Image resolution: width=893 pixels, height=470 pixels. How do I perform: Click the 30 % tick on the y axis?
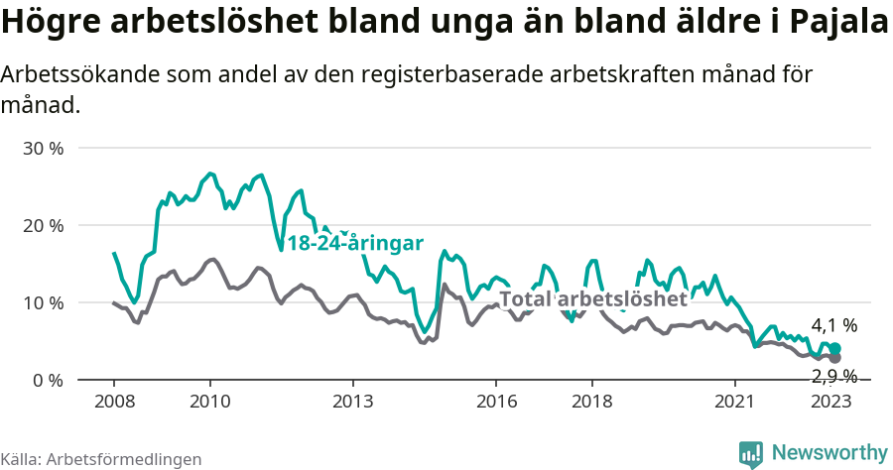43,149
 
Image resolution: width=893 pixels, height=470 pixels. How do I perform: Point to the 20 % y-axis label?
43,226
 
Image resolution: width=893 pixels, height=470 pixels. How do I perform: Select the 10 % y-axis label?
43,302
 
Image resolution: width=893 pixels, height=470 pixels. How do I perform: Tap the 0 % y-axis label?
48,380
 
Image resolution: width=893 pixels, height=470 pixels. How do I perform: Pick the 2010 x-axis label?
209,402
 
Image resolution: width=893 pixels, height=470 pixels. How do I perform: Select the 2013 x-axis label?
352,402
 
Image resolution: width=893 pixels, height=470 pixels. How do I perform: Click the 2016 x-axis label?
496,402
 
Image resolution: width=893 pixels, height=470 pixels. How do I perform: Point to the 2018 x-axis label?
592,402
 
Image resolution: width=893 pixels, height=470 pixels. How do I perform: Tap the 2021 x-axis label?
735,402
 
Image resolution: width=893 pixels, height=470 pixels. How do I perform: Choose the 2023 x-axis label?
831,402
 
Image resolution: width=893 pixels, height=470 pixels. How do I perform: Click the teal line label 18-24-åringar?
355,244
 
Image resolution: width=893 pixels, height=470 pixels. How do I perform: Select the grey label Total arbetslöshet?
592,298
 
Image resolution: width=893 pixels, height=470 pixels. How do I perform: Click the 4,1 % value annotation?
833,325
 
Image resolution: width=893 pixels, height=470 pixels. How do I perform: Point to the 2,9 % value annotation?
833,375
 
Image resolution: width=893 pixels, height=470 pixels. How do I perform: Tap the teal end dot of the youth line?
835,348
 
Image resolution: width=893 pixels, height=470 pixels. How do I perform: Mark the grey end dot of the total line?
835,358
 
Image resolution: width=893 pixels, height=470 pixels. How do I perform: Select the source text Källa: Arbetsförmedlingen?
101,459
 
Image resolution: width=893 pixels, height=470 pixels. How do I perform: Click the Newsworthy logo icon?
751,454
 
